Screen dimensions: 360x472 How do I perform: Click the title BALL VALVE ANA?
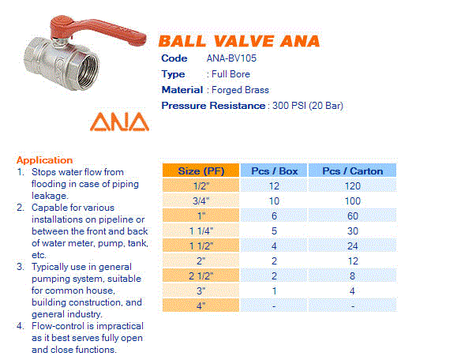point(239,41)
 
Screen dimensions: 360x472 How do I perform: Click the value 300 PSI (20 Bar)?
point(307,106)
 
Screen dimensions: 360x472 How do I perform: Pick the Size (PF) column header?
point(201,171)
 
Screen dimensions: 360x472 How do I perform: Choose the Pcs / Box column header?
point(274,171)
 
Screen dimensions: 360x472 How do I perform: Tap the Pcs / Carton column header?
point(352,171)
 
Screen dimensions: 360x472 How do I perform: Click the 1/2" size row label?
point(201,186)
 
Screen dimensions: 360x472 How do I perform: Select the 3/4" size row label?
point(201,201)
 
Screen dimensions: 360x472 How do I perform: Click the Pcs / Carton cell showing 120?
point(352,186)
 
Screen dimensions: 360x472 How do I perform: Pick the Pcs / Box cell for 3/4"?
point(274,201)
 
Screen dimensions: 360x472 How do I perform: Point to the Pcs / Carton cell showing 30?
point(352,231)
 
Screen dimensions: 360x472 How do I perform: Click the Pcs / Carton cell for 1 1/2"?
point(352,246)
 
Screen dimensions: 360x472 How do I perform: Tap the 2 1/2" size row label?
point(201,276)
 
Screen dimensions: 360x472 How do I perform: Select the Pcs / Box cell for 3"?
point(274,291)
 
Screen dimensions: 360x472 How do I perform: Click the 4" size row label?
point(201,305)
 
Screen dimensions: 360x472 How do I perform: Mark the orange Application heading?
point(44,159)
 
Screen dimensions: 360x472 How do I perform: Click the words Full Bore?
point(229,74)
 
